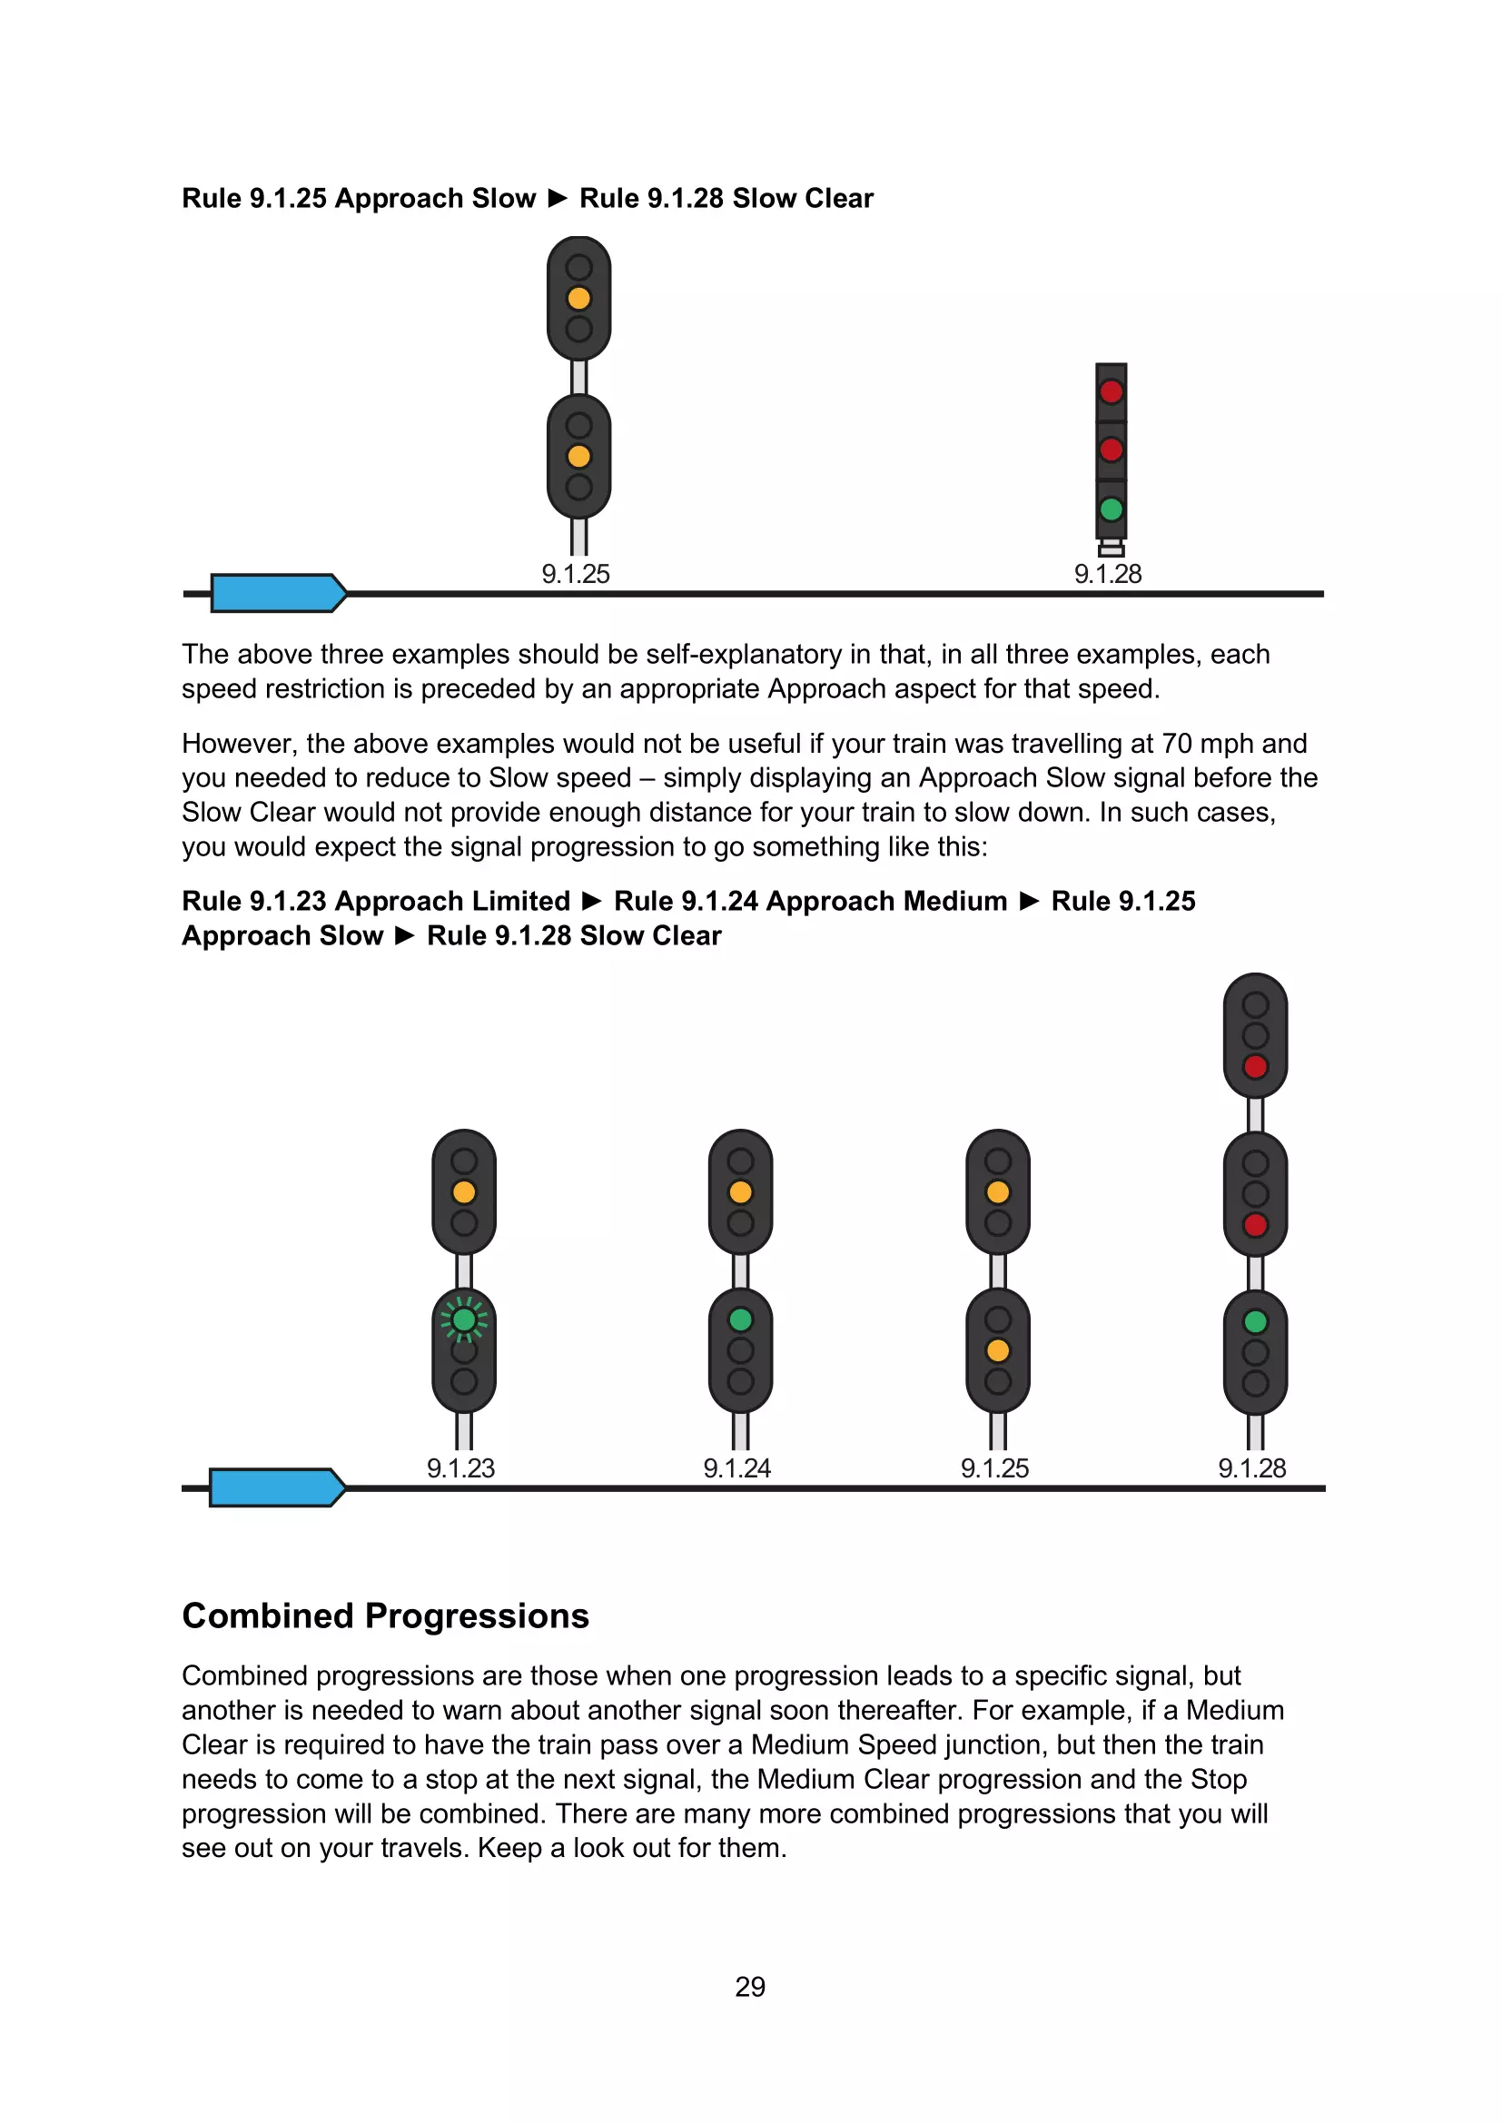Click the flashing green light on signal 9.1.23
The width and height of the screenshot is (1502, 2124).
(x=464, y=1319)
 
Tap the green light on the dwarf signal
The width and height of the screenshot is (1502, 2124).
(x=1111, y=509)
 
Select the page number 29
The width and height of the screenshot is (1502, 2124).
(x=750, y=1986)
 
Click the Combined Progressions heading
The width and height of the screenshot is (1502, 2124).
(x=385, y=1616)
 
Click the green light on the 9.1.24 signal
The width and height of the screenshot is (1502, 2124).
(x=740, y=1319)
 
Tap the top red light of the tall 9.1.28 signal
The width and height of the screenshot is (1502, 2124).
(x=1255, y=1067)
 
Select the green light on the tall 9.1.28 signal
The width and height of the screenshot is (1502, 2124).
(x=1255, y=1322)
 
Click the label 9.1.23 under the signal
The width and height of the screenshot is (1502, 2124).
(x=460, y=1468)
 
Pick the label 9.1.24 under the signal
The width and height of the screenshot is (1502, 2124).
(x=737, y=1468)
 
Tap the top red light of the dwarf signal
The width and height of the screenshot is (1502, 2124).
(x=1111, y=391)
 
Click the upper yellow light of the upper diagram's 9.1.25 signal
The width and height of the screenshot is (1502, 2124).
(x=579, y=298)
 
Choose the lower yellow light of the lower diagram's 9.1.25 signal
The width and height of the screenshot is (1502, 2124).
(x=998, y=1350)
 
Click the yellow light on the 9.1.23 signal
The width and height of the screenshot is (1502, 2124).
(x=464, y=1192)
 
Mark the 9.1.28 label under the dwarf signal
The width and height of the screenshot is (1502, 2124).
(x=1108, y=574)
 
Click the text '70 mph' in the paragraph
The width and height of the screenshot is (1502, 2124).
(x=1206, y=744)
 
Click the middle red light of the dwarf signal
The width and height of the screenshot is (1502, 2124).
(x=1111, y=450)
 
